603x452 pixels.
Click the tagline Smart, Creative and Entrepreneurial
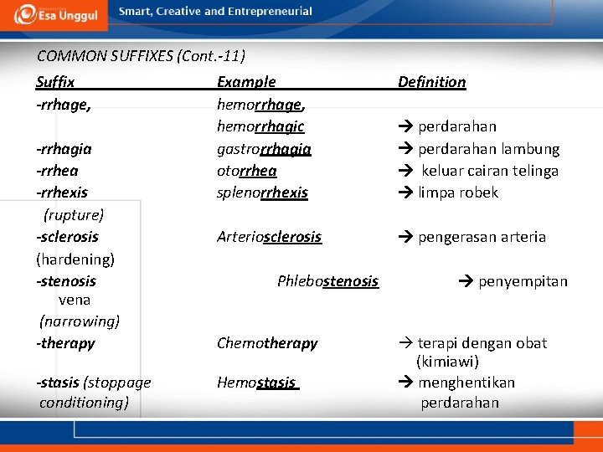[215, 12]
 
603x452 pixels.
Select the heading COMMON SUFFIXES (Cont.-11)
[141, 57]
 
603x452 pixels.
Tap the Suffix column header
[55, 82]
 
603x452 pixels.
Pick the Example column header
[246, 82]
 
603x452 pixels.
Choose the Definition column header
[431, 82]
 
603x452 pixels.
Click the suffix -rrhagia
[64, 149]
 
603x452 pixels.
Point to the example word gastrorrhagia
[264, 149]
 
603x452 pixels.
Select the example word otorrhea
[246, 171]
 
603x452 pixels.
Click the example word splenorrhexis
[262, 193]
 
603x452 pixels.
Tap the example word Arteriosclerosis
[269, 237]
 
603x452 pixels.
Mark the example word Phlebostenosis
[327, 281]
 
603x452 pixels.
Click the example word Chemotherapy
[267, 343]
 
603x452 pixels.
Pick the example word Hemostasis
[256, 383]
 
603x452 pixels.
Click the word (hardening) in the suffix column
[75, 259]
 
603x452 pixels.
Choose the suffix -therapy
[65, 343]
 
